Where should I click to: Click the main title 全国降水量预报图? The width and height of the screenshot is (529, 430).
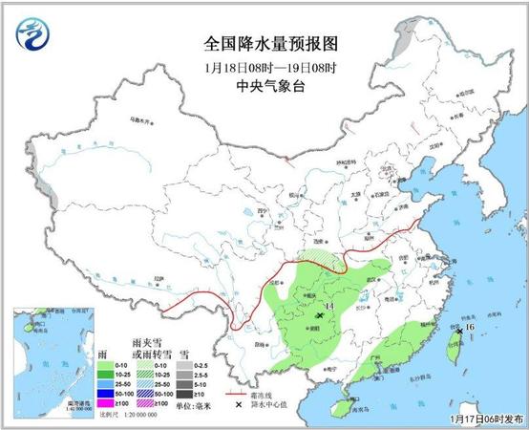(271, 43)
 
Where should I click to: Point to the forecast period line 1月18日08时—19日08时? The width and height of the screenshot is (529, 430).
(271, 66)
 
